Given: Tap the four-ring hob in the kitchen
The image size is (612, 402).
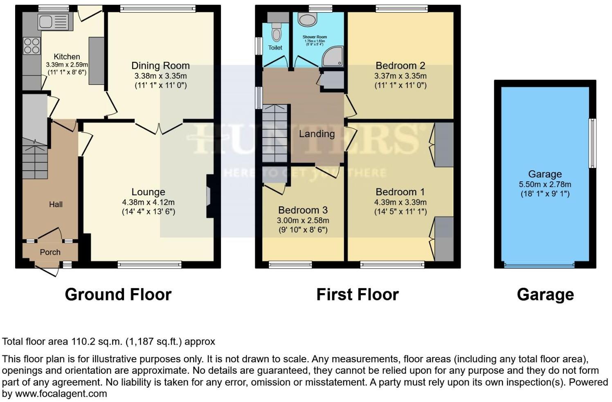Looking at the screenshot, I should pyautogui.click(x=32, y=46).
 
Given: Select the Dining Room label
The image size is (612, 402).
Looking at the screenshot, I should pyautogui.click(x=160, y=65).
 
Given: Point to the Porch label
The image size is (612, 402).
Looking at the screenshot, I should pyautogui.click(x=50, y=252).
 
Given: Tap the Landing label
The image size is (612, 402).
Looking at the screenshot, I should pyautogui.click(x=317, y=134).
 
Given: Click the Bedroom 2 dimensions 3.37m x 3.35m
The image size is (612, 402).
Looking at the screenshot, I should pyautogui.click(x=400, y=76).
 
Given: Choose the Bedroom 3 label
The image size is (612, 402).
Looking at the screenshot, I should pyautogui.click(x=303, y=210).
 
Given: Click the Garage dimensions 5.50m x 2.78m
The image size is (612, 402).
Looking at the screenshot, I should pyautogui.click(x=545, y=184).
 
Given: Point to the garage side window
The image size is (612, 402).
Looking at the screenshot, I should pyautogui.click(x=592, y=143).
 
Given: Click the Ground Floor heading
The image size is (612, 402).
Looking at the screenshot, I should pyautogui.click(x=118, y=295).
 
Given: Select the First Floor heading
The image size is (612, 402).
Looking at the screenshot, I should pyautogui.click(x=357, y=295).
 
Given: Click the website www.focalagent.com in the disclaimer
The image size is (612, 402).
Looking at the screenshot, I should pyautogui.click(x=61, y=394).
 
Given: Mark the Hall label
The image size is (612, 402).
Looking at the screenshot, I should pyautogui.click(x=56, y=204).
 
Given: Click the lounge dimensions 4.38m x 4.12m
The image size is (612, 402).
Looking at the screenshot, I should pyautogui.click(x=148, y=202).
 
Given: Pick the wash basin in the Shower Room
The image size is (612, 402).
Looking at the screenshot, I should pyautogui.click(x=305, y=19).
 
